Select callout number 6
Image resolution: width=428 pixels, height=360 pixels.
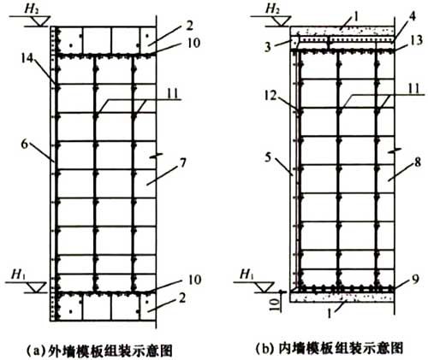click(x=25, y=145)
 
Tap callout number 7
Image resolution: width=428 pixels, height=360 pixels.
click(x=182, y=162)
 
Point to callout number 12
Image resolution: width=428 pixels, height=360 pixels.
click(x=270, y=96)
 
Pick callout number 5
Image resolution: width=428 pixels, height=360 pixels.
click(x=268, y=157)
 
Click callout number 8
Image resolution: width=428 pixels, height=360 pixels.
click(x=418, y=163)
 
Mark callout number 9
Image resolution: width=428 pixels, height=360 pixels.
click(x=416, y=280)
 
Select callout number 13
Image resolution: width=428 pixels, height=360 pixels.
click(x=417, y=40)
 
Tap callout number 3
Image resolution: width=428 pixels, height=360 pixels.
click(x=267, y=47)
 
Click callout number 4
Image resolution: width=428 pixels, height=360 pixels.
click(x=412, y=16)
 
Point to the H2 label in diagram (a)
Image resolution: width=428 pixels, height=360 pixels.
click(x=32, y=9)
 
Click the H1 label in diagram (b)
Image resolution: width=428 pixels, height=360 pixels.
click(x=247, y=274)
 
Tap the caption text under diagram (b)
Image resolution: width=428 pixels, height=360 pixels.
click(x=329, y=348)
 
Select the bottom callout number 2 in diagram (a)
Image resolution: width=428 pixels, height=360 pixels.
click(x=181, y=298)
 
